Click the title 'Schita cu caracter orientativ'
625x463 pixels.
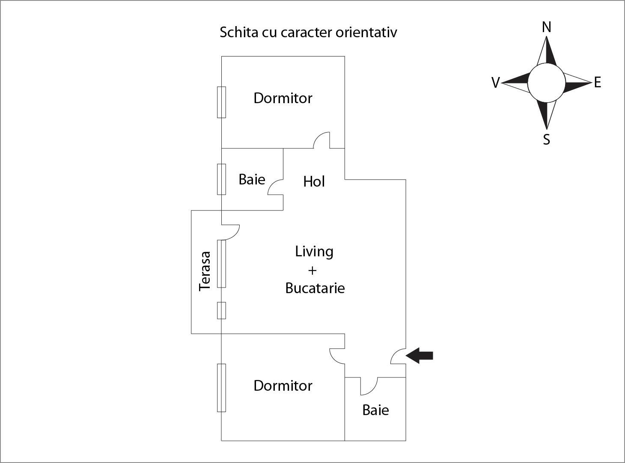308,33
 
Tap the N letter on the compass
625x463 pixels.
546,27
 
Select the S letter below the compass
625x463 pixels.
546,139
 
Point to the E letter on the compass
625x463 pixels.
598,82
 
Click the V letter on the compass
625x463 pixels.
495,83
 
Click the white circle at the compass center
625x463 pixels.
546,83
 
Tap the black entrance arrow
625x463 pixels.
420,356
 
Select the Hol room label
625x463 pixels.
314,182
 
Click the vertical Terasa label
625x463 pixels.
205,271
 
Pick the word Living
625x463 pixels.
314,252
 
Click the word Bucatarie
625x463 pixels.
315,288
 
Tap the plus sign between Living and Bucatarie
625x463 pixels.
312,270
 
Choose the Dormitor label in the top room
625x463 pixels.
283,98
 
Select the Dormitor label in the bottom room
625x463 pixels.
283,386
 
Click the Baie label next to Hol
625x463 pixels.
252,179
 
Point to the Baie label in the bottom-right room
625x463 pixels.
375,410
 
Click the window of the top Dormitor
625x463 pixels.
221,102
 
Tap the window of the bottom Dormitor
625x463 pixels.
221,388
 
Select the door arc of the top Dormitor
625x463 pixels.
322,140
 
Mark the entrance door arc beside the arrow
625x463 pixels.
398,356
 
